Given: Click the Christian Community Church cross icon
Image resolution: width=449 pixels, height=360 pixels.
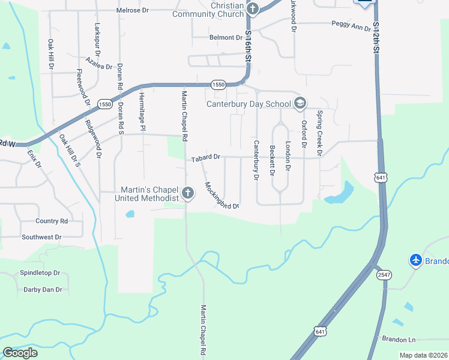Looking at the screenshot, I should point(253,8).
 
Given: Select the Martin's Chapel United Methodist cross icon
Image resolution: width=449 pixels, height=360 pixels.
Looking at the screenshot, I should point(188,193).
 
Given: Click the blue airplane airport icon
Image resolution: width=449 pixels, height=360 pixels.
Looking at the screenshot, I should point(416,260).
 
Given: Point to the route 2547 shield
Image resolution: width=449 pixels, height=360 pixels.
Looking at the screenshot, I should point(384,275).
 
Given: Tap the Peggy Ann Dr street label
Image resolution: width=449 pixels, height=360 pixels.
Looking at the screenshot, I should point(352,26).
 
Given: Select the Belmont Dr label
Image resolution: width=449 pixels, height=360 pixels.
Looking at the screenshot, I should point(226,37).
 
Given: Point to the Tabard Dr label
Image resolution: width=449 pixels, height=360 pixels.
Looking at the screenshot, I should point(206,158).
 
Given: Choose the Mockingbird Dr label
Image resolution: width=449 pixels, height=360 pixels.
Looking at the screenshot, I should point(221,196).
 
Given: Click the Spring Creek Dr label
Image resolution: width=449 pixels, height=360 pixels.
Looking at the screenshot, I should point(320,133).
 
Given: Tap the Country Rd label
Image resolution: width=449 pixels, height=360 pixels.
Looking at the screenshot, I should point(52,221).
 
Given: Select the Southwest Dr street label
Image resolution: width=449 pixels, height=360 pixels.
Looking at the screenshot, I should point(42,237).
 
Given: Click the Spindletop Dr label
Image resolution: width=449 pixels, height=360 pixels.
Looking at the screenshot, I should point(40,272).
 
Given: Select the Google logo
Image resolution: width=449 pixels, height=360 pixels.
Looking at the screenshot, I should point(20,353).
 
